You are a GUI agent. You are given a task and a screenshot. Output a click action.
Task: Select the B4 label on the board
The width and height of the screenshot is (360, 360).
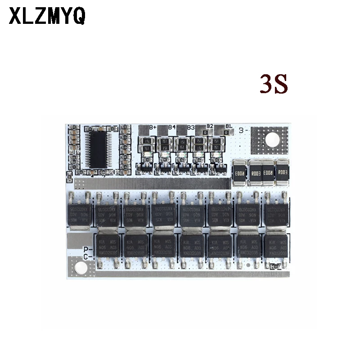pos(171,127)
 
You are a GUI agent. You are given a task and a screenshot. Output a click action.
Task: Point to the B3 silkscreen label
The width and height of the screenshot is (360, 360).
pos(191,128)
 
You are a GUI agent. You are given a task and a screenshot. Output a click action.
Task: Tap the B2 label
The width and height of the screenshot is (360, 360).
pos(210,126)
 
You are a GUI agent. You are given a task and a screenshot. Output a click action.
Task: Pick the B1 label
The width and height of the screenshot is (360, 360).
pos(229,126)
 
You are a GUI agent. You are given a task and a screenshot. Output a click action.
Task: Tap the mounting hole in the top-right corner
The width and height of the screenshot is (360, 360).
pos(272,140)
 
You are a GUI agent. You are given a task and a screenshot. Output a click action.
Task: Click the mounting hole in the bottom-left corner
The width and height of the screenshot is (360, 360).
pos(81,269)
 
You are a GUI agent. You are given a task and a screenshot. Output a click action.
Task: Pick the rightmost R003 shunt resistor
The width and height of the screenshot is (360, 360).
pos(282,172)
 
